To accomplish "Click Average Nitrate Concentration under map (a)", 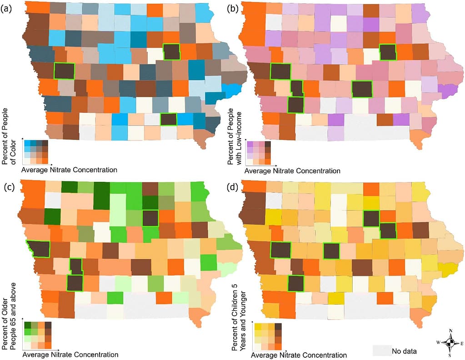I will [x=70, y=170].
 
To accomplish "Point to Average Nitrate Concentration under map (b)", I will [x=292, y=171].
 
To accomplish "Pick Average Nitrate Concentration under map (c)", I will [x=70, y=354].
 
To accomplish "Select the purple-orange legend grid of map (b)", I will [x=259, y=153].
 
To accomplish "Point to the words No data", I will [x=404, y=350].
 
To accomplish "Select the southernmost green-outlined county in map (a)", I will [x=169, y=119].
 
